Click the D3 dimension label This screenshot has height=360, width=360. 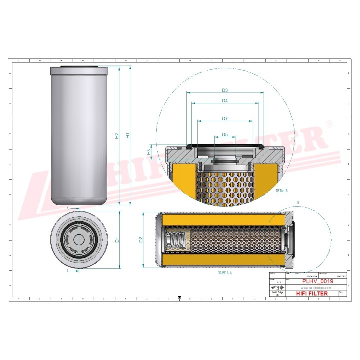[225, 90]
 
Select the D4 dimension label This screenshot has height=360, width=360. [225, 101]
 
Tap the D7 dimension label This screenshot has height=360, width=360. [225, 118]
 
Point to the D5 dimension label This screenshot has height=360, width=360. [225, 134]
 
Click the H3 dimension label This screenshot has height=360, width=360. [148, 151]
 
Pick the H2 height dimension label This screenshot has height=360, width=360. [116, 135]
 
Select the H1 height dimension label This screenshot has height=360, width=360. [127, 135]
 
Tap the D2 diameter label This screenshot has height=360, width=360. [141, 240]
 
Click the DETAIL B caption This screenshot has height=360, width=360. [281, 191]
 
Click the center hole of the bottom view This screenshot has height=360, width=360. [79, 239]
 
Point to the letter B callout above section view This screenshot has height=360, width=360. [298, 202]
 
